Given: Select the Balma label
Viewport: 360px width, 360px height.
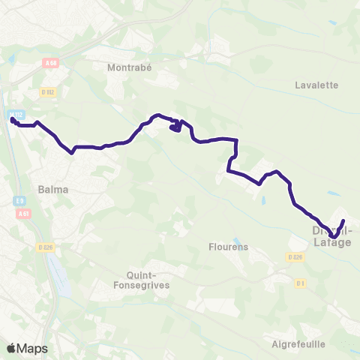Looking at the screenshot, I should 53,190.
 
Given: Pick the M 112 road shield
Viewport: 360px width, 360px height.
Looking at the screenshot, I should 17,113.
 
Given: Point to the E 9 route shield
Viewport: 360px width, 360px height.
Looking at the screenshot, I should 19,201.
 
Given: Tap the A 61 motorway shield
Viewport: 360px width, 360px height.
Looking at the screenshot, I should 22,213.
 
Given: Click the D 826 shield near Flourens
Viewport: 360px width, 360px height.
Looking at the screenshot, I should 294,256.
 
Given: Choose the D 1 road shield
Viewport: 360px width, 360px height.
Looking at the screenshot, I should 300,283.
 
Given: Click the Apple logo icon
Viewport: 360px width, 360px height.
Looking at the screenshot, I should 11,349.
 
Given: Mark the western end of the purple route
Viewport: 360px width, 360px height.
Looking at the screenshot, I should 13,118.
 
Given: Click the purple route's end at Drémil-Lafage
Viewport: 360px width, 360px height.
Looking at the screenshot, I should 343,220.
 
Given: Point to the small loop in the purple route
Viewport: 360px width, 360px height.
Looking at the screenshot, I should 175,127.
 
